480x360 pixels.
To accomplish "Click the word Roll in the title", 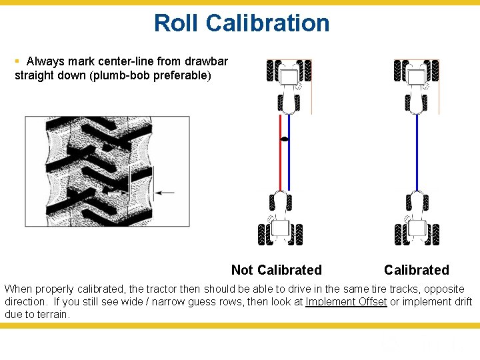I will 177,23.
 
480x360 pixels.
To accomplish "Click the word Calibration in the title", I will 268,23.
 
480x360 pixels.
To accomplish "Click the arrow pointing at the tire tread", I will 164,193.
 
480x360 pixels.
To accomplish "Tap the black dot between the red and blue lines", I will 285,139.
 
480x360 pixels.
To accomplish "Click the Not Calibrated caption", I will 276,270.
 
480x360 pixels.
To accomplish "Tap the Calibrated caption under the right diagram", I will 416,270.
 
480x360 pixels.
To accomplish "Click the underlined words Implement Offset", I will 346,302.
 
